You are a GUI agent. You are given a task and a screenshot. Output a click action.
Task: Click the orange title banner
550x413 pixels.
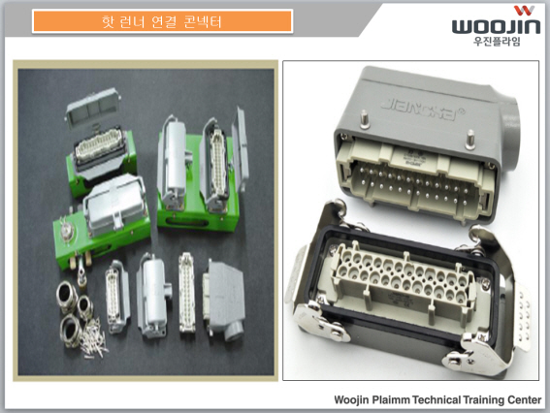click(x=162, y=21)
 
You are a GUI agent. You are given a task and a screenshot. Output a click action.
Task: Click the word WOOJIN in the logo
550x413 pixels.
click(x=496, y=26)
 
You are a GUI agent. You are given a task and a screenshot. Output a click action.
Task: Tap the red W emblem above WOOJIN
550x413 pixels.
click(x=524, y=11)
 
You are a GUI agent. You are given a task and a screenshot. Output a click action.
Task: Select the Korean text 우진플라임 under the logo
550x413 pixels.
click(x=497, y=41)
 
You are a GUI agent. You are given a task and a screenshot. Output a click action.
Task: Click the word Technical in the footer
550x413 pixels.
click(x=437, y=399)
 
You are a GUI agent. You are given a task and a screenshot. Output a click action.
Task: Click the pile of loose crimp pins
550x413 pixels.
click(x=92, y=337)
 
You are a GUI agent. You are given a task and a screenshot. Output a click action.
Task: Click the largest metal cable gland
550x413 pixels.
click(x=71, y=330)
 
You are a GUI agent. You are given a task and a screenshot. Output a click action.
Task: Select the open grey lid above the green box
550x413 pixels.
click(x=92, y=107)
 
